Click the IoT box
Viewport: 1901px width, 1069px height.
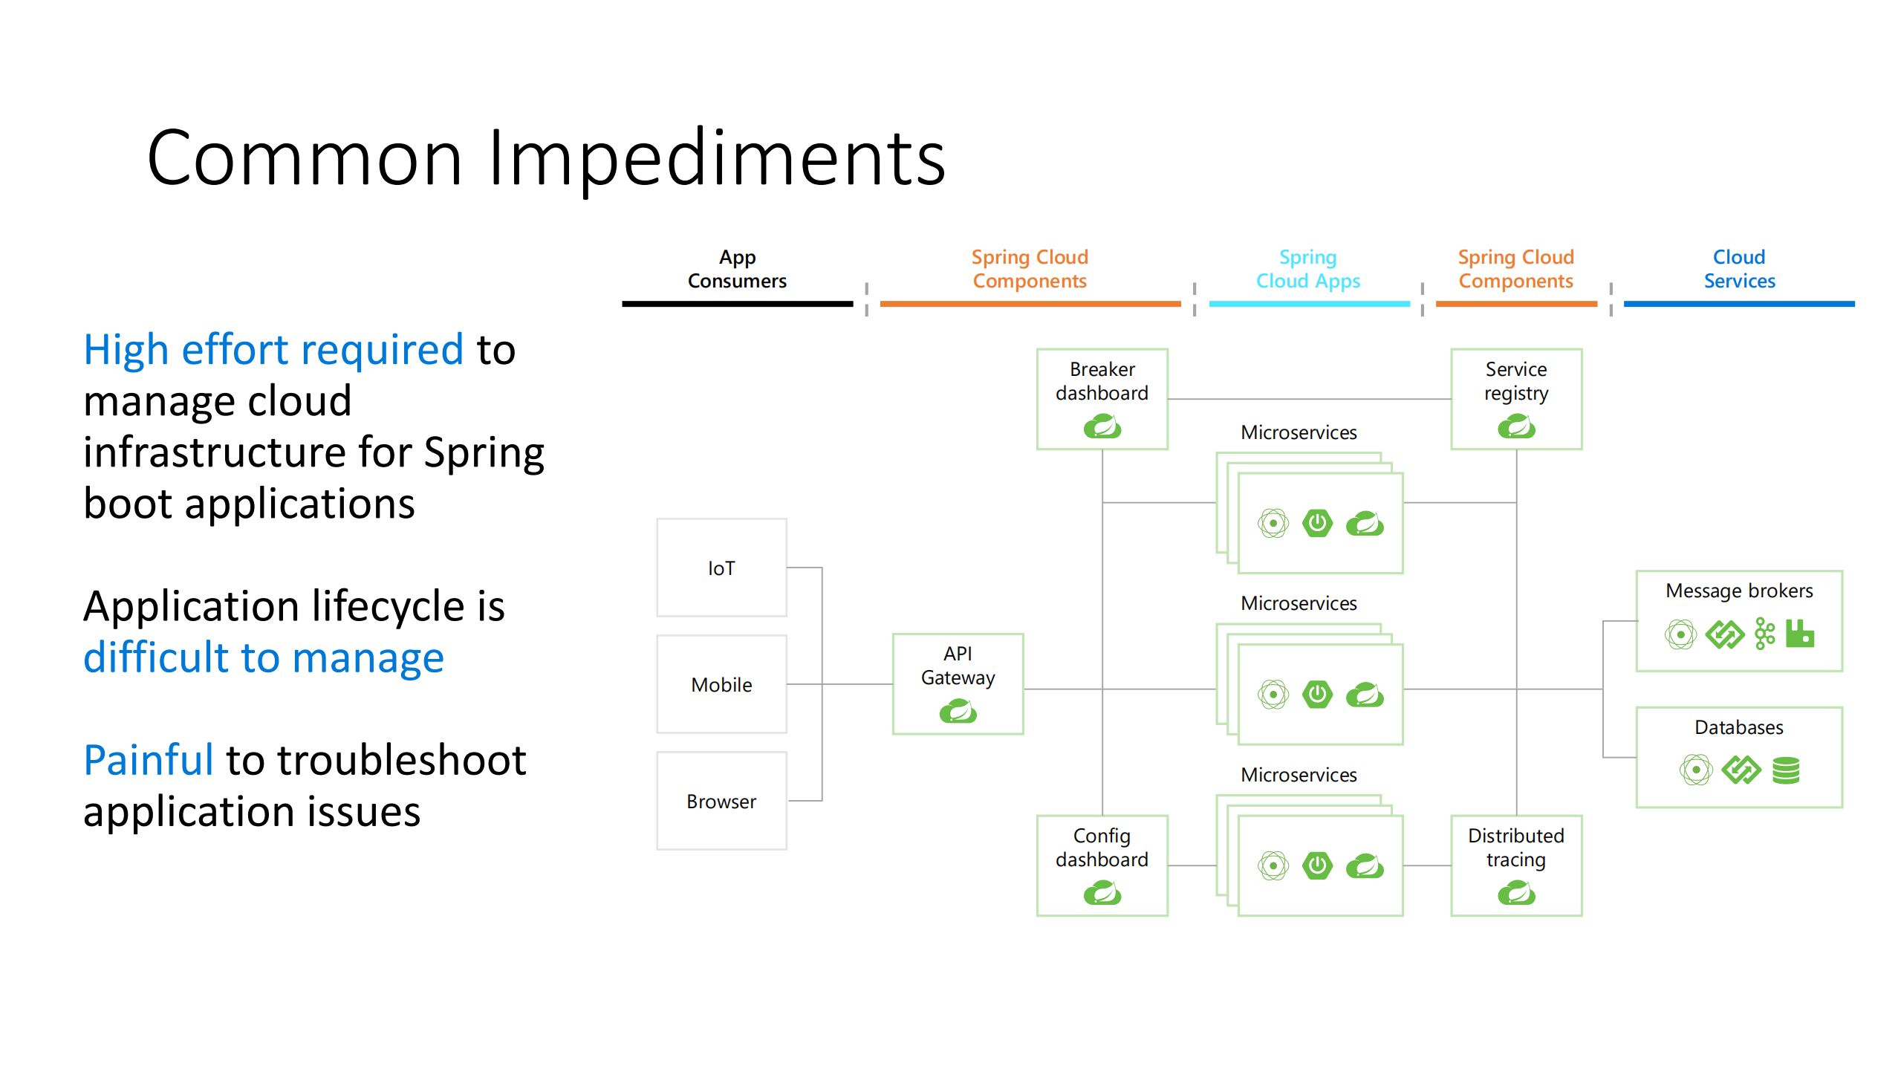click(721, 568)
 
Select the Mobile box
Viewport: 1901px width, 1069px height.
click(721, 684)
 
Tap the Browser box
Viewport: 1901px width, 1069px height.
click(721, 801)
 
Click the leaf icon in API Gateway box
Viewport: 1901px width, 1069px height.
click(958, 712)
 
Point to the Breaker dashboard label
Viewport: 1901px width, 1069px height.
click(1102, 381)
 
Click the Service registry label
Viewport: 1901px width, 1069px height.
click(1515, 381)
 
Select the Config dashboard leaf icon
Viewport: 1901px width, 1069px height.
click(1102, 893)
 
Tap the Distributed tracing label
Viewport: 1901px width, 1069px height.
click(1515, 848)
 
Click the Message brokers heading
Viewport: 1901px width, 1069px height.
click(1738, 591)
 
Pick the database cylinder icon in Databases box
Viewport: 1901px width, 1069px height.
click(1786, 770)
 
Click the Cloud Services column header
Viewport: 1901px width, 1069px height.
click(1738, 269)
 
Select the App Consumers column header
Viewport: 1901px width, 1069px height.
click(737, 269)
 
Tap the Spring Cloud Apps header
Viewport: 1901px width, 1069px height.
click(1307, 269)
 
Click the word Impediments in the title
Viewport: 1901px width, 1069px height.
click(716, 158)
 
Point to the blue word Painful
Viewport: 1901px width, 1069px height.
click(149, 760)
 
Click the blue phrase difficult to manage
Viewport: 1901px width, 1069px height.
click(264, 658)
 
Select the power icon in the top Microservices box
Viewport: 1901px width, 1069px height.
click(1317, 523)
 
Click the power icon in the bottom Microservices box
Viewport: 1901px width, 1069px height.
click(1317, 865)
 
